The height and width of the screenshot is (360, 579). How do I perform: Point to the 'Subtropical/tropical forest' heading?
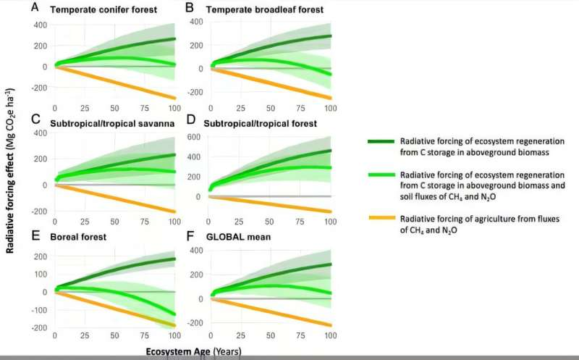[262, 123]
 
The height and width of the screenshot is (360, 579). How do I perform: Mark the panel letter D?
[191, 122]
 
